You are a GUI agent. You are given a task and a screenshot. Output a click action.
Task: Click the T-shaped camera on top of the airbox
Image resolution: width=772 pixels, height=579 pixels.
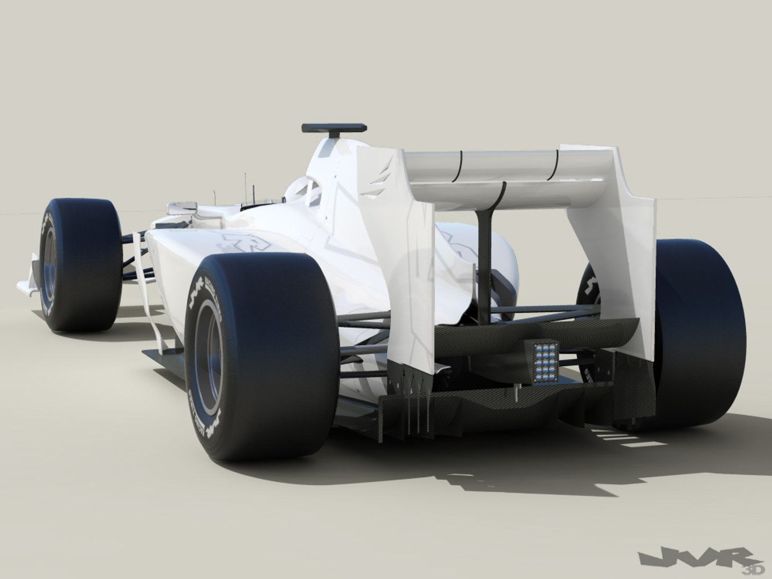click(333, 129)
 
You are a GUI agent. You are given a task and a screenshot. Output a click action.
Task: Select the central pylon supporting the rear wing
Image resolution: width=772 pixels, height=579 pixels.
click(488, 257)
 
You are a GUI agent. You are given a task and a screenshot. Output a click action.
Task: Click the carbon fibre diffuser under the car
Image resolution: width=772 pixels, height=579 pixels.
click(482, 407)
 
